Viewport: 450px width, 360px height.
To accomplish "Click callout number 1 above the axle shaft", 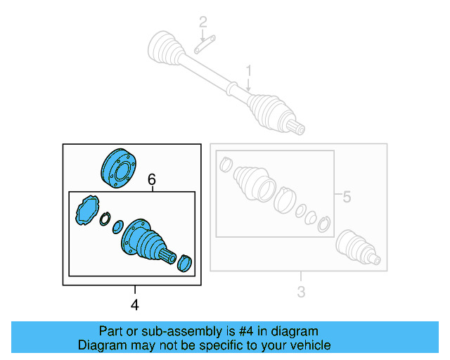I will coord(248,70).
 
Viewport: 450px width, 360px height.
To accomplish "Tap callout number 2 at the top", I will coord(202,22).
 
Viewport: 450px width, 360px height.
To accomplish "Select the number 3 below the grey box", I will coord(300,292).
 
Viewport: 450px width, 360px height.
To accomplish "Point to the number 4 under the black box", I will coord(135,304).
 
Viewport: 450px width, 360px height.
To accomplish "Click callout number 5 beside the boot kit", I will coord(346,198).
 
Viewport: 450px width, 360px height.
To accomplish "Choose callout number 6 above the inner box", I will coord(151,181).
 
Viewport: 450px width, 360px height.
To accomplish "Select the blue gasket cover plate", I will coord(87,210).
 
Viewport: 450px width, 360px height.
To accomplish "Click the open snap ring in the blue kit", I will coord(105,220).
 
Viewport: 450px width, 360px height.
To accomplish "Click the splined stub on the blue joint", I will coord(167,256).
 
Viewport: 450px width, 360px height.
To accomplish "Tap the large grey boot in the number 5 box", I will coord(254,184).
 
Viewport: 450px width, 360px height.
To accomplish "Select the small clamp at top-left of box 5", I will coord(225,165).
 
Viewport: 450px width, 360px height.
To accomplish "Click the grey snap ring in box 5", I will coord(323,225).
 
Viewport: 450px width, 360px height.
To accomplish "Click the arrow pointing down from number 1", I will coord(248,85).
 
